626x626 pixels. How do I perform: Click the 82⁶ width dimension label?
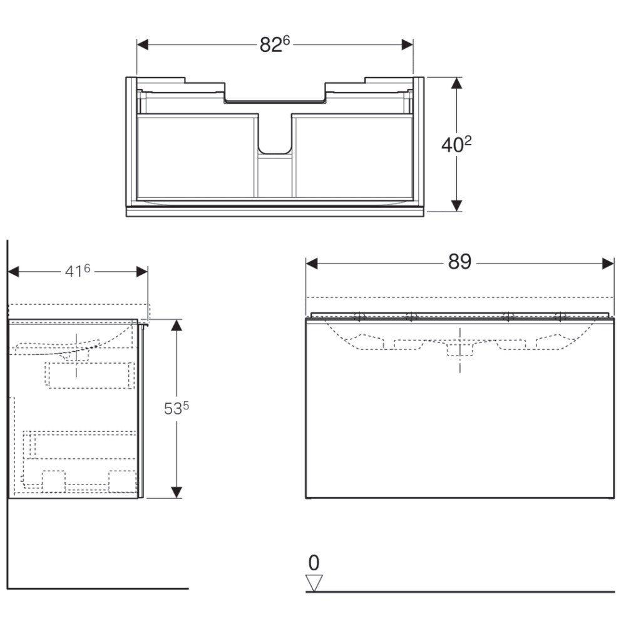click(275, 44)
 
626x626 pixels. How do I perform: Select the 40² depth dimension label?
click(456, 144)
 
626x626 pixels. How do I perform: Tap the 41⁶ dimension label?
click(78, 271)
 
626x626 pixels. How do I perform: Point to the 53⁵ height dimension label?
click(177, 408)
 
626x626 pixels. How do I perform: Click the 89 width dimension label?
click(459, 262)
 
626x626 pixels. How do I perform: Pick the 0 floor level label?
click(314, 563)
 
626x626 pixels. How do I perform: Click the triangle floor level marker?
click(314, 583)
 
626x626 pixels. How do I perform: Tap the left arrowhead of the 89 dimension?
click(312, 264)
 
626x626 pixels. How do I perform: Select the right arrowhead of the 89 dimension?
click(608, 264)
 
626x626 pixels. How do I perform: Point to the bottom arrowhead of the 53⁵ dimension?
click(177, 492)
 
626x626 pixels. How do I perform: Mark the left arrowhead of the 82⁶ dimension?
click(143, 44)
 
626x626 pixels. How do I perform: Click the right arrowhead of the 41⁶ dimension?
click(141, 272)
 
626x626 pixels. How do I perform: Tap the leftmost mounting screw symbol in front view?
click(360, 317)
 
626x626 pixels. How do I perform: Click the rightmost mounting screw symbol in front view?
click(560, 317)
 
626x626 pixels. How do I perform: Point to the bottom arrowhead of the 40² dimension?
click(457, 205)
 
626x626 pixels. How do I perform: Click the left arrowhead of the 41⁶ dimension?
click(14, 272)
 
